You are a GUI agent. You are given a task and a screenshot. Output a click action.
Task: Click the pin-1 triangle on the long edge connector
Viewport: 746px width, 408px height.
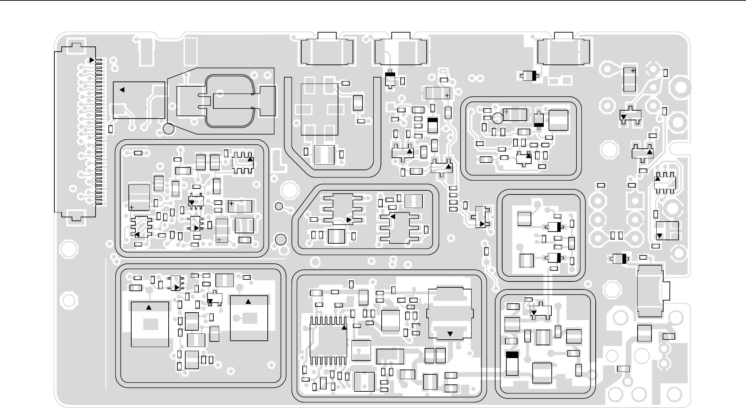tap(92, 60)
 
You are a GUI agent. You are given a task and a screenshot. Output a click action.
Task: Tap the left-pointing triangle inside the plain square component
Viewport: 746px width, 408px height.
tap(122, 90)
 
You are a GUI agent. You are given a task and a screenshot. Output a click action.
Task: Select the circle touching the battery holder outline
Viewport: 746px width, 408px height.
tap(169, 129)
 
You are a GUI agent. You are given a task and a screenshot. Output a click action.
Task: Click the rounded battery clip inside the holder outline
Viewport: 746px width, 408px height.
tap(230, 101)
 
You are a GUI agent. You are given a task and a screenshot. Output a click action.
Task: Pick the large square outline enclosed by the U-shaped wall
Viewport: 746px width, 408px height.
tap(319, 109)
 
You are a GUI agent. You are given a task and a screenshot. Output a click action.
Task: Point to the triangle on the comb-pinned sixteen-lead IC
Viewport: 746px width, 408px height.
tap(344, 327)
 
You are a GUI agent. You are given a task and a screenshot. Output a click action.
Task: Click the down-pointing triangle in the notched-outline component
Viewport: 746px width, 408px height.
tap(450, 334)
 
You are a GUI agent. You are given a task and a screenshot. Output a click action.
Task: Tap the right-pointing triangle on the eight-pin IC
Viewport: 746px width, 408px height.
tap(349, 220)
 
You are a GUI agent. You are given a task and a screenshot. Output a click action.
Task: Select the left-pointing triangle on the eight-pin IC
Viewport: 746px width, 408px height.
tap(393, 216)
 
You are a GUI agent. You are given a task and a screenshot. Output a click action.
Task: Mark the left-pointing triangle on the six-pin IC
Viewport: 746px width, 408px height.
tap(137, 235)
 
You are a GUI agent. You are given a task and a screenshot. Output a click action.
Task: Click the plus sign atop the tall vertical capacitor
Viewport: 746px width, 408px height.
tap(633, 71)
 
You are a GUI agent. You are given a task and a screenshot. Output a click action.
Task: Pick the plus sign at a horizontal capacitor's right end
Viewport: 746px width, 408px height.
tap(447, 95)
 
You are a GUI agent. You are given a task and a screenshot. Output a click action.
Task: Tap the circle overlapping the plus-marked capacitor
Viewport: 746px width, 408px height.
tap(498, 118)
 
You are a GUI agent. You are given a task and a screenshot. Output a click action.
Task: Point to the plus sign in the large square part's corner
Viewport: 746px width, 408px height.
tap(132, 207)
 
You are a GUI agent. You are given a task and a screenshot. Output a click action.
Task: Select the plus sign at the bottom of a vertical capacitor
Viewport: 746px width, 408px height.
tap(219, 240)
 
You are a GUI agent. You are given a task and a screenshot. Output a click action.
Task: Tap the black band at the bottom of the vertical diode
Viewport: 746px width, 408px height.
tap(539, 125)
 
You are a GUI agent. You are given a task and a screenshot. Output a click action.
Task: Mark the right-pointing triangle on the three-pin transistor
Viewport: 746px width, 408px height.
tap(482, 224)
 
